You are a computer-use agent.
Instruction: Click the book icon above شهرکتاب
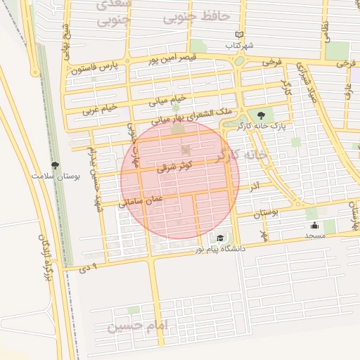240,34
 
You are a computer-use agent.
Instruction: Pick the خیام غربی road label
99,110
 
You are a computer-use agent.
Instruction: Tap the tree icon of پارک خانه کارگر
262,115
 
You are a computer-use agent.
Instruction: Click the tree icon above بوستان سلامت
56,162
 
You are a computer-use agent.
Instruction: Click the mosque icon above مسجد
314,226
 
